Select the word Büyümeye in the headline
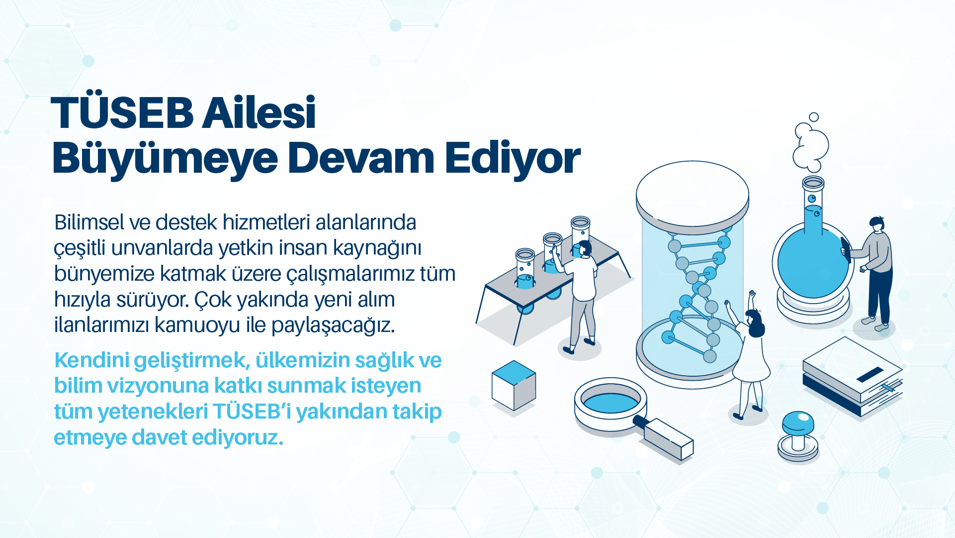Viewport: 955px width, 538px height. pos(165,159)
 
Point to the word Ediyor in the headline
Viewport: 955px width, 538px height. pos(513,159)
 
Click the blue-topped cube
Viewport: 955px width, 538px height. pos(514,385)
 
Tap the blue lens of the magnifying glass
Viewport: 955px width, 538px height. pos(611,402)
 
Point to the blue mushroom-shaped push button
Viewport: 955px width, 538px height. pos(798,436)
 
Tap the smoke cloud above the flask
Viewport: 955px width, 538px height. pos(811,143)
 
